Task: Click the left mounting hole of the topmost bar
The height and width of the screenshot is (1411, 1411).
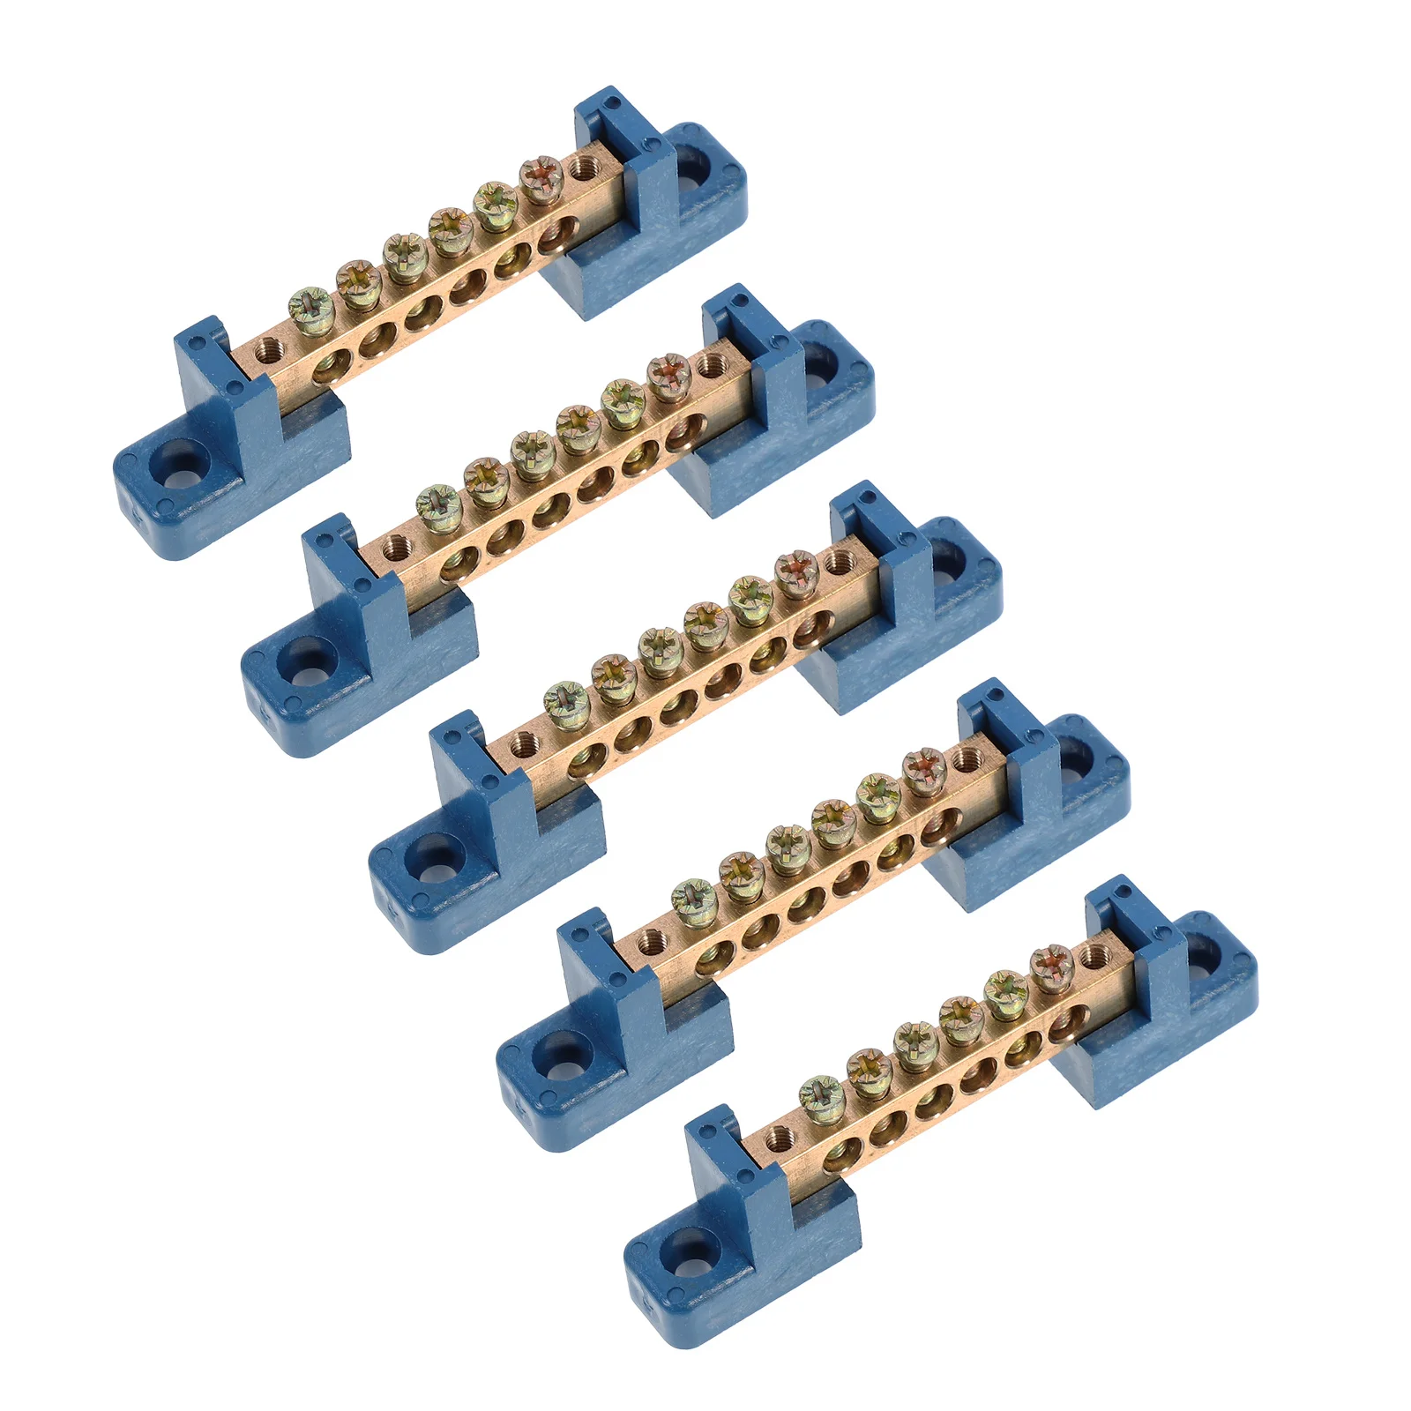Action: pos(175,472)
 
